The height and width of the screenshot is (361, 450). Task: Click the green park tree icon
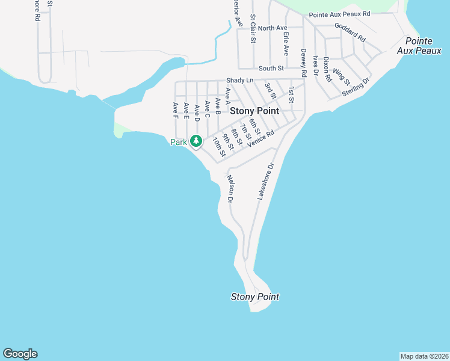coord(196,141)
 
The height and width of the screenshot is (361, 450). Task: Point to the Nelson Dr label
coord(229,188)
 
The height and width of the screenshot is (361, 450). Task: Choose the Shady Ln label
coord(240,80)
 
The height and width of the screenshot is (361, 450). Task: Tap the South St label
coord(271,69)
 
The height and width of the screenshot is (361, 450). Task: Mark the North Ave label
coord(273,28)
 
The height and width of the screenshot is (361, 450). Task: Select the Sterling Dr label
coord(355,85)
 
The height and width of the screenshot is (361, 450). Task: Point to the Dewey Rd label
coord(304,63)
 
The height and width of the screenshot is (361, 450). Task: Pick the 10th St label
coord(218,147)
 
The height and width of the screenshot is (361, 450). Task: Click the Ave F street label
coord(176,110)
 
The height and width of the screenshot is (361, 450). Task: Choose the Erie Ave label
coord(286,43)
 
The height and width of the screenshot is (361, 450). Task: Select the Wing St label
coord(341,76)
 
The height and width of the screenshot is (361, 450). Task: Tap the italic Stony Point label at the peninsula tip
coord(255,297)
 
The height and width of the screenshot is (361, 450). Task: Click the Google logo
coord(20,354)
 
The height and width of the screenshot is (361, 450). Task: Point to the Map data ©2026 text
coord(424,356)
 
